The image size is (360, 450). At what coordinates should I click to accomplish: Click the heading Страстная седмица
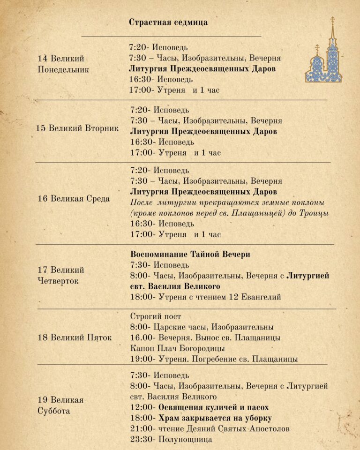coord(168,22)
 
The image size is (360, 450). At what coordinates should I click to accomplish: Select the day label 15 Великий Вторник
coord(78,128)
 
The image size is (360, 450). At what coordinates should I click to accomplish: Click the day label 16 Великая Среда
coord(74,198)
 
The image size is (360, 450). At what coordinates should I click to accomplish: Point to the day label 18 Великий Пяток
coord(75,337)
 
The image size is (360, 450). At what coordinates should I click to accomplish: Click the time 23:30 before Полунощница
coord(141,439)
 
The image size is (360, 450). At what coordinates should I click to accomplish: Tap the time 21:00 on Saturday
coord(141,428)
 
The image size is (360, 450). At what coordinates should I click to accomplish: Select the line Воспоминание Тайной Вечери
coord(190,254)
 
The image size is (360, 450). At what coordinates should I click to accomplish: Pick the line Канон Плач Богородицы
coord(178,348)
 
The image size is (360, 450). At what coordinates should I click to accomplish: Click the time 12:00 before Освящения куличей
coord(141,407)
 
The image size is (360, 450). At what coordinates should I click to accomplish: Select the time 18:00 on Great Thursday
coord(141,297)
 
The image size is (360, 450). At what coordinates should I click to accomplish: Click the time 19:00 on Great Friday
coord(141,359)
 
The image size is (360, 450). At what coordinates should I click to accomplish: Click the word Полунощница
coord(185,439)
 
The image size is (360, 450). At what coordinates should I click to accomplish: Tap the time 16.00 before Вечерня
coord(141,337)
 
